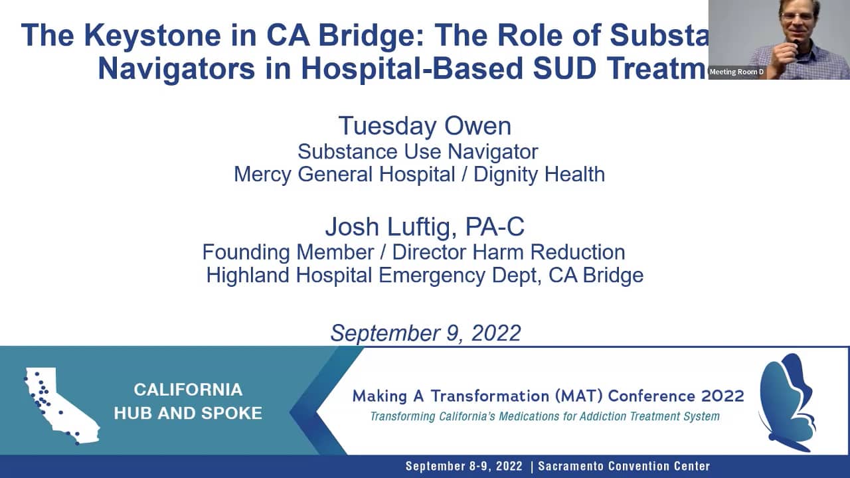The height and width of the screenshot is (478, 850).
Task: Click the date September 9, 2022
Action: click(x=426, y=333)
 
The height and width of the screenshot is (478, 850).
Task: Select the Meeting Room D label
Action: click(x=736, y=72)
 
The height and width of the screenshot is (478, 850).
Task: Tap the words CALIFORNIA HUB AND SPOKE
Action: click(x=188, y=401)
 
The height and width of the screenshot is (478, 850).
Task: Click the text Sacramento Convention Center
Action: click(x=624, y=466)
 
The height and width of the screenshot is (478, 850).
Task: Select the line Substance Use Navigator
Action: click(x=418, y=151)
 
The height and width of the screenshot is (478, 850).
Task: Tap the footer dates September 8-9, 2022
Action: click(x=464, y=466)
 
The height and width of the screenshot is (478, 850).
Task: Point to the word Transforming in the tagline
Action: click(x=402, y=417)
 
